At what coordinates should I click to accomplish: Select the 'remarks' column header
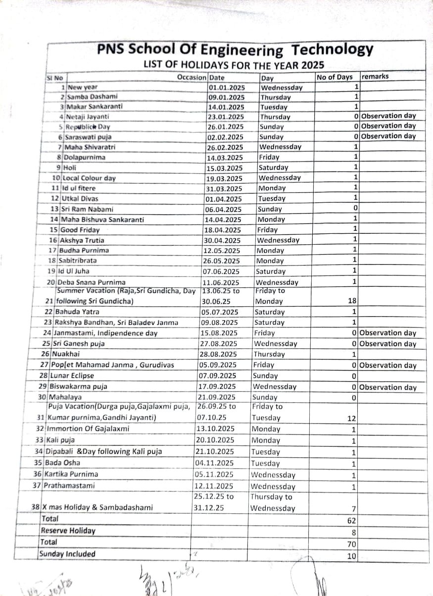point(375,77)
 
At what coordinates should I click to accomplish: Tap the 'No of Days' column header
point(335,77)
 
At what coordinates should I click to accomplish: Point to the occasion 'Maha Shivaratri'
point(88,147)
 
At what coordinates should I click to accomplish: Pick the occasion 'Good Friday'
point(80,230)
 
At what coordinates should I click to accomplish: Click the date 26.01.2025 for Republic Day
point(226,127)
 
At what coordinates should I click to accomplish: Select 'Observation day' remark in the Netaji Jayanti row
point(389,116)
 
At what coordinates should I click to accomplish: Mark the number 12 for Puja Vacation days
point(351,419)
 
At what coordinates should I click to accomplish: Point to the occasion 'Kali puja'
point(60,440)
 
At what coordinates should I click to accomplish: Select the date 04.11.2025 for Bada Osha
point(214,463)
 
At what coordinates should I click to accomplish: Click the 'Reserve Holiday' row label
point(68,531)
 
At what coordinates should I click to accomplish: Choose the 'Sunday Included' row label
point(67,554)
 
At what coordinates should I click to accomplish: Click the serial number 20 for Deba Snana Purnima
point(50,282)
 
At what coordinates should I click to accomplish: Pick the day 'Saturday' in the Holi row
point(273,167)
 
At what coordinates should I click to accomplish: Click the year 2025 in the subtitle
point(312,64)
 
